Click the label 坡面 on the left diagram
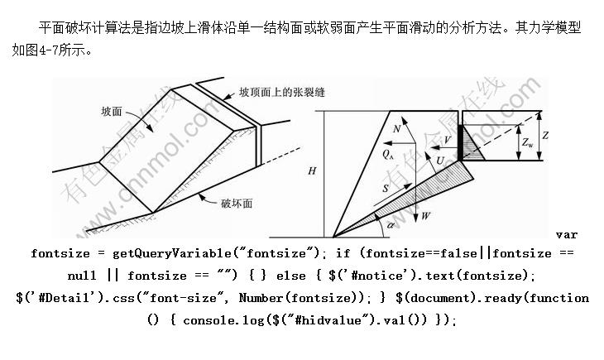[x=113, y=111]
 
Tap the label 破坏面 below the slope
[x=237, y=201]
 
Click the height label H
[x=311, y=171]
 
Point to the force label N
[x=397, y=130]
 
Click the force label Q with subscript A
[x=388, y=153]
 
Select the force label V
[x=448, y=140]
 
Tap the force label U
[x=440, y=158]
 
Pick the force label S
[x=386, y=189]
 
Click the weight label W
[x=425, y=216]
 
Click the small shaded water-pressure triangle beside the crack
[x=473, y=142]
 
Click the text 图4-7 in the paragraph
[x=46, y=48]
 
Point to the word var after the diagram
[x=567, y=234]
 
